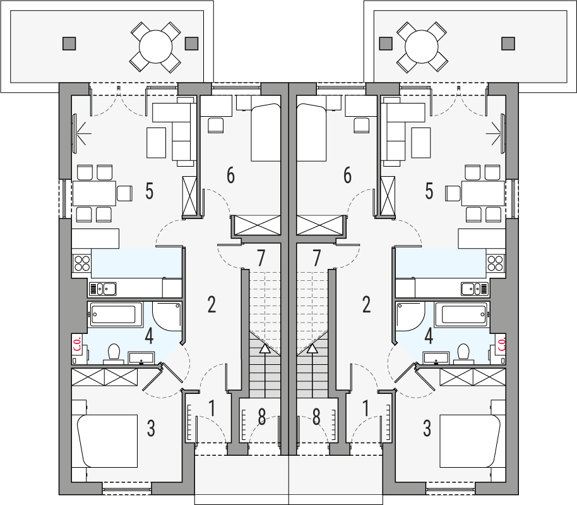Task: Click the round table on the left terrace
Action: (156, 47)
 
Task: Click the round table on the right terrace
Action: (421, 47)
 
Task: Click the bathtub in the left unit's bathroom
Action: (115, 315)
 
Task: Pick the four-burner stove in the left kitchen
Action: (81, 263)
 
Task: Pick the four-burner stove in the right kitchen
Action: (496, 263)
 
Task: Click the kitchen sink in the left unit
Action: (103, 289)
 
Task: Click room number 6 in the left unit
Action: (230, 175)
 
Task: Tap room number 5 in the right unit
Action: (429, 191)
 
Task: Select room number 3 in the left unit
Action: (151, 429)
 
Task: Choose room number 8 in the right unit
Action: (316, 417)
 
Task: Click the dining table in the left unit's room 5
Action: (94, 193)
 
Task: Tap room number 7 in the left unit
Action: (261, 258)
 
